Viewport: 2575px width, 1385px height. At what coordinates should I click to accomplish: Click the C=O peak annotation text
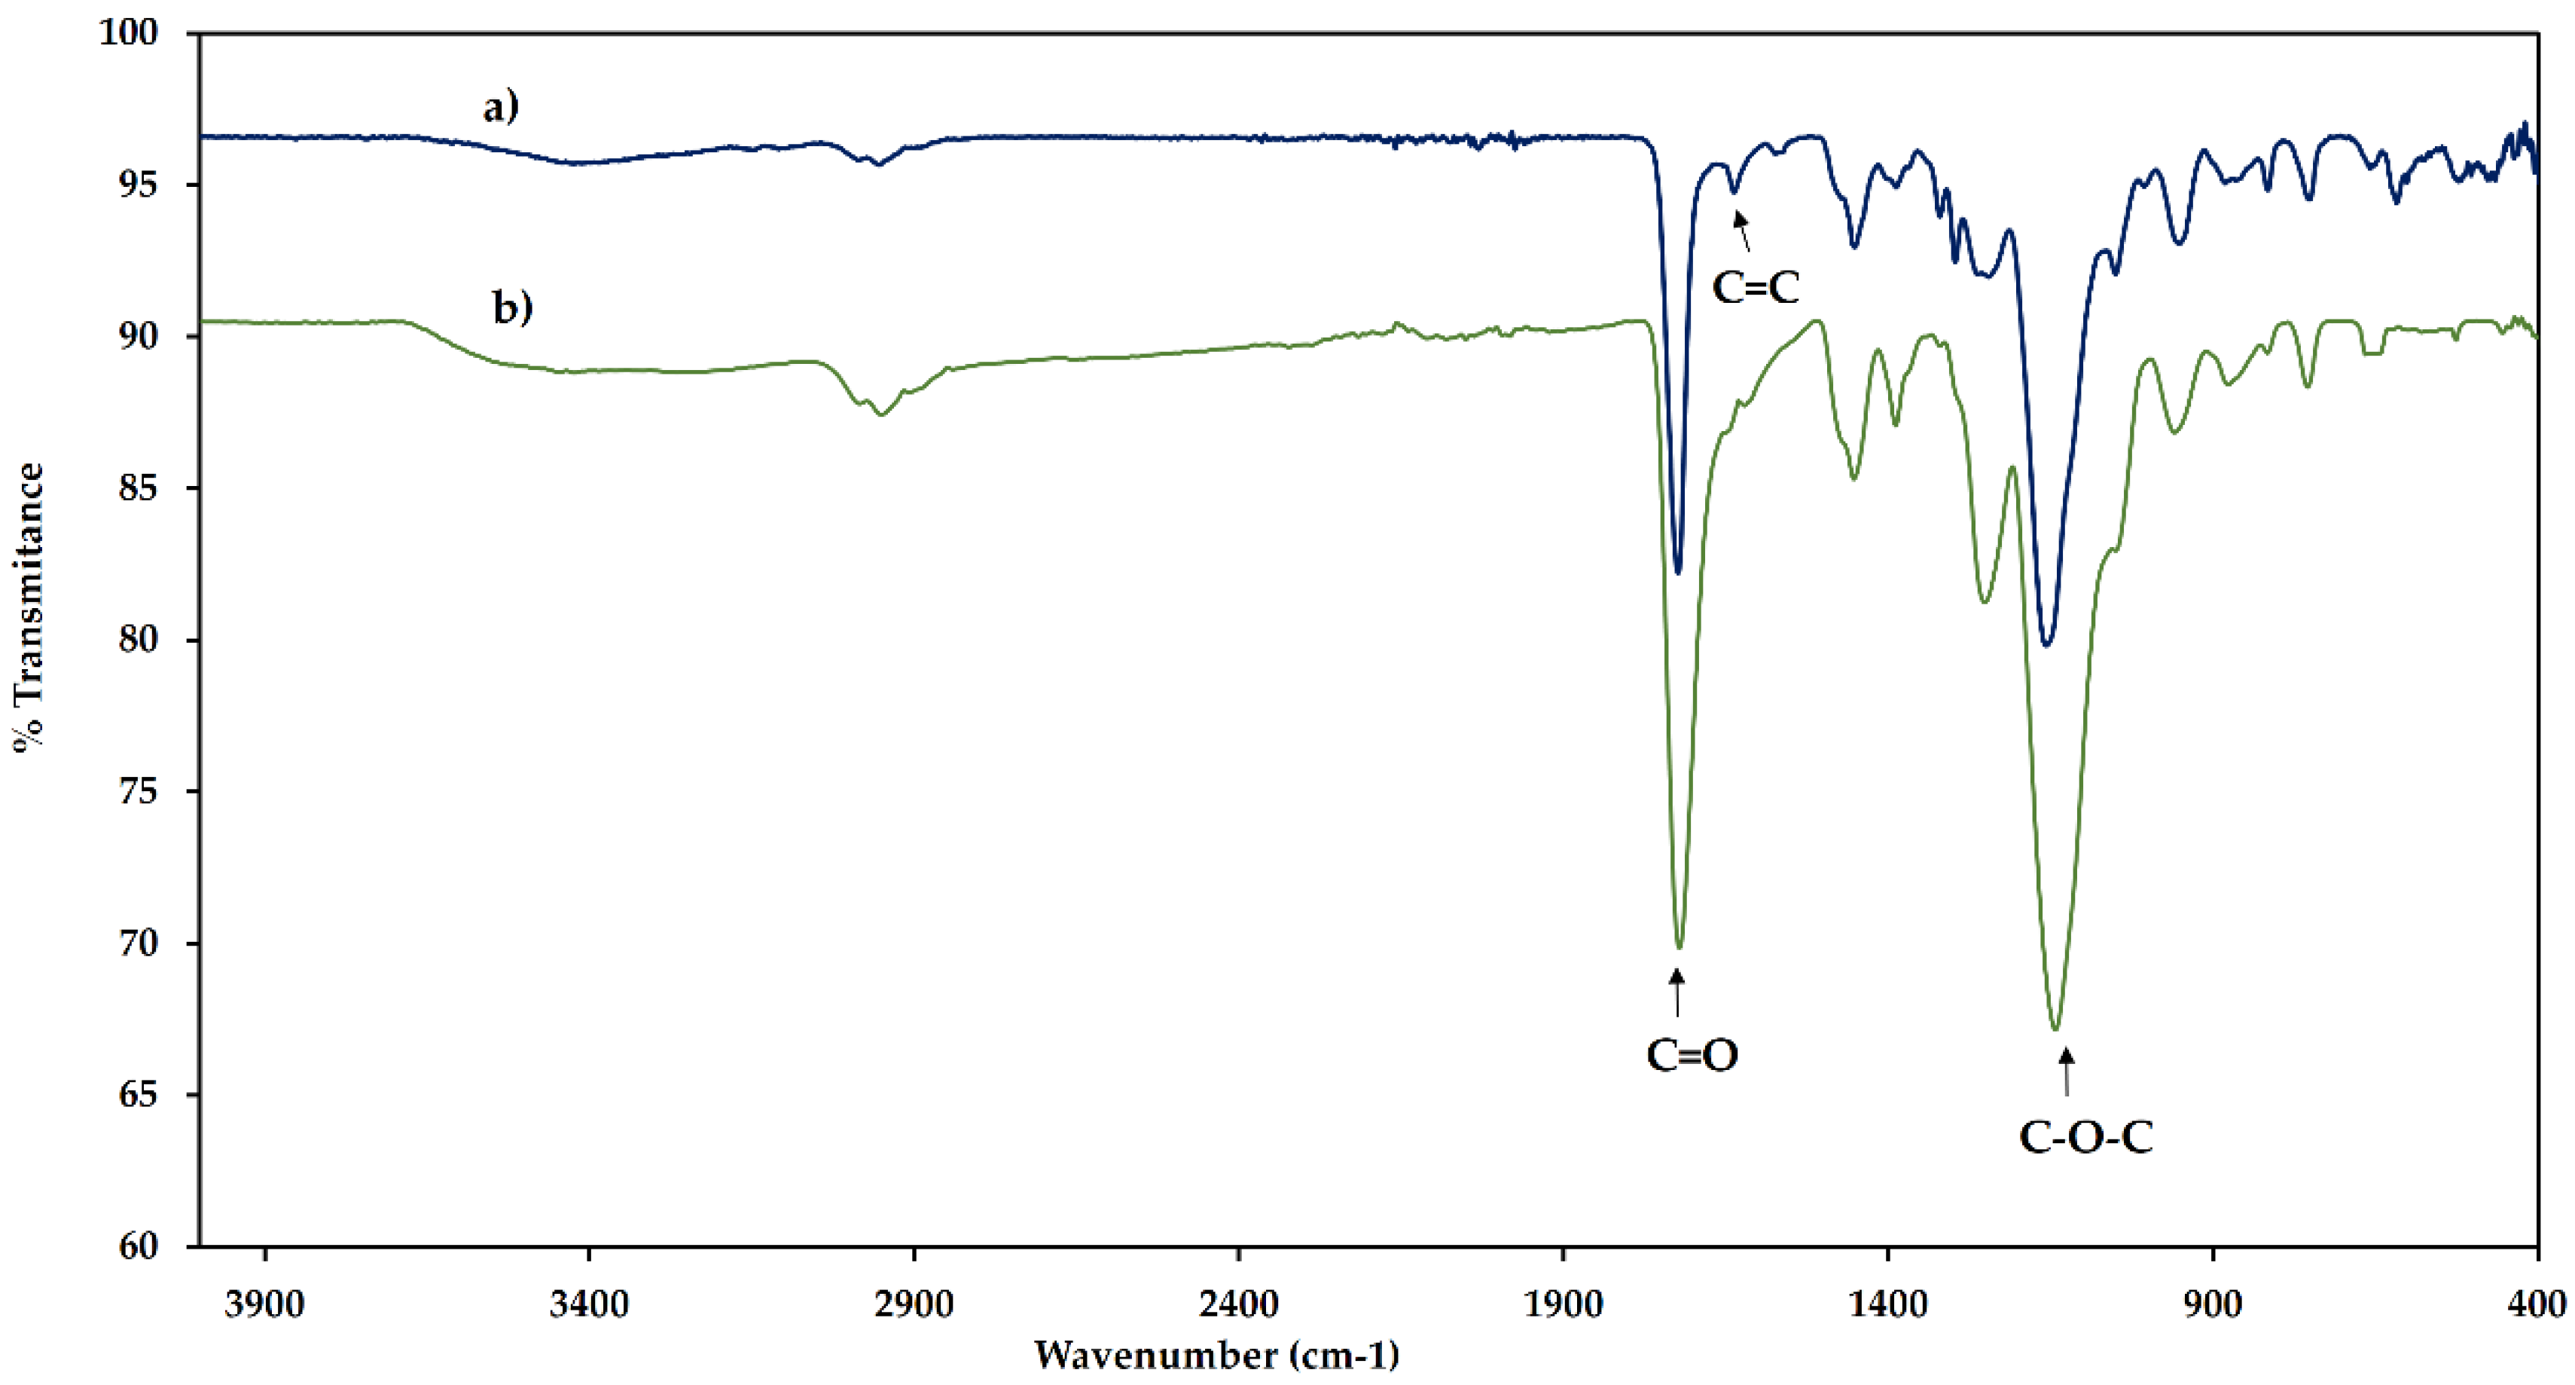point(1692,1055)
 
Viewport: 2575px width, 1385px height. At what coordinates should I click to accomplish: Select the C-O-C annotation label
point(2085,1137)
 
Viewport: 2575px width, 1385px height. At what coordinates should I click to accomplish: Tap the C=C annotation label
point(1756,288)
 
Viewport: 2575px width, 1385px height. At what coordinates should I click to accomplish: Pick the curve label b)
point(513,307)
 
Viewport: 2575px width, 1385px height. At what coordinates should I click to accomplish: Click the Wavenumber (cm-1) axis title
point(1216,1355)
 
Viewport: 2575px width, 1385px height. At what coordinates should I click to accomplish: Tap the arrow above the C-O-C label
point(2066,1071)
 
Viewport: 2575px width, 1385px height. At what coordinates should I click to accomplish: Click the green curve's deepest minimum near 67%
point(2055,1028)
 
